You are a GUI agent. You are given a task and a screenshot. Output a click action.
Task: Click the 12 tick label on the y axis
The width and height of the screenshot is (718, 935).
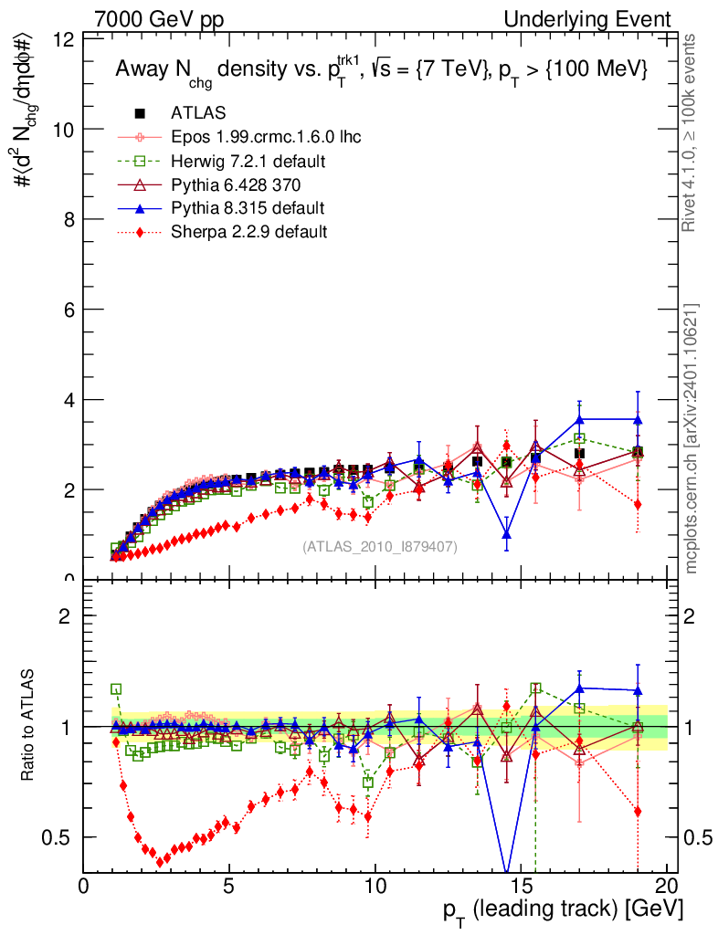point(64,40)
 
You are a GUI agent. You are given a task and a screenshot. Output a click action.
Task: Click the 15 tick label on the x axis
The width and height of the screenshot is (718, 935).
point(521,887)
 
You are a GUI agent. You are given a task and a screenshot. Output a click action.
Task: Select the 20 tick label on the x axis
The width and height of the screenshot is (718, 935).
point(667,887)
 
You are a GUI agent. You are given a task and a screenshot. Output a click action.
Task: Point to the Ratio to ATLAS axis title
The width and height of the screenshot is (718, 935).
point(29,726)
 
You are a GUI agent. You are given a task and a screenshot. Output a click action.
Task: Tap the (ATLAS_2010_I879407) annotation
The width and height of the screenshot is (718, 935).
point(380,546)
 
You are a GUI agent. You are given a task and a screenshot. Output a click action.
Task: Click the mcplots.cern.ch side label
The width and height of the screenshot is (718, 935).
point(692,437)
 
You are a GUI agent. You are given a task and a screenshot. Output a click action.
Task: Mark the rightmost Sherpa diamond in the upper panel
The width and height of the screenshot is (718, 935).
point(638,505)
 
